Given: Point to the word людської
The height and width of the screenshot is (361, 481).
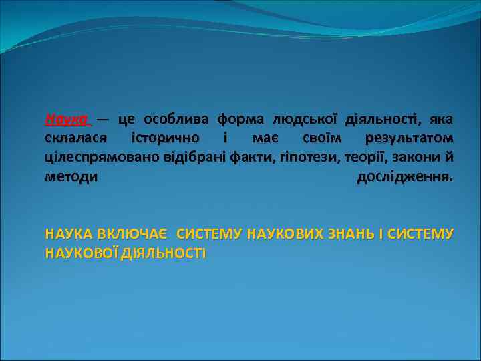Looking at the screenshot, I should [305, 120].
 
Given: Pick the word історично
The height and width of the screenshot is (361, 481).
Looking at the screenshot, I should [165, 139].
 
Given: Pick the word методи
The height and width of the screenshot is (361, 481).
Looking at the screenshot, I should [71, 177].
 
